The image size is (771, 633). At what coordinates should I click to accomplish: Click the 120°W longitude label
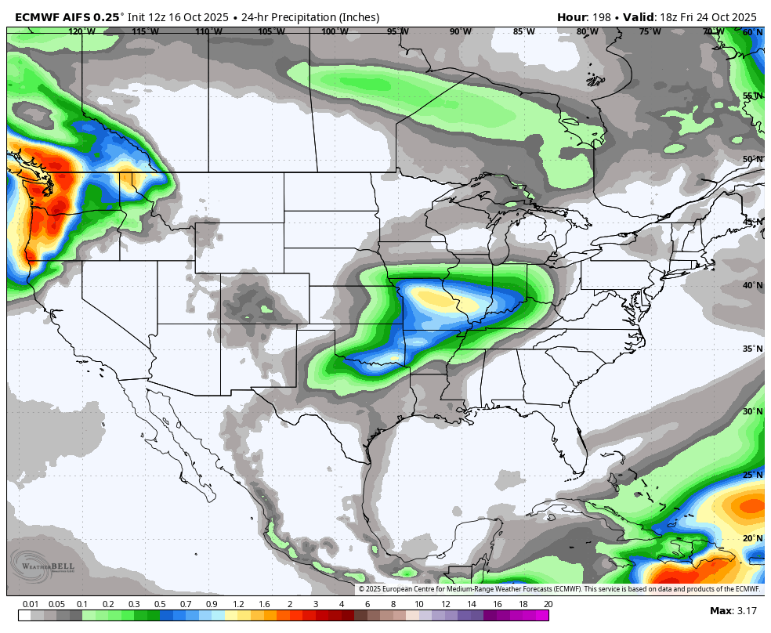(x=81, y=31)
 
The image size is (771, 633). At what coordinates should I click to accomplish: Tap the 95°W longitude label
(x=397, y=31)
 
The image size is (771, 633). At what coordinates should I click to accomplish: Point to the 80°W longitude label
(x=587, y=31)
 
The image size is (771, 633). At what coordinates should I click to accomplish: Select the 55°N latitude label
(x=752, y=96)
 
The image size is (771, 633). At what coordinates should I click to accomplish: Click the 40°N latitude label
(x=752, y=285)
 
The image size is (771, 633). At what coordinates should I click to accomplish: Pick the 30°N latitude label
(x=752, y=411)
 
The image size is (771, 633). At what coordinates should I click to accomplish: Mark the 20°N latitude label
(x=752, y=538)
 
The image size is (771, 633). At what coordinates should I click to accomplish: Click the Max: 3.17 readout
(x=733, y=610)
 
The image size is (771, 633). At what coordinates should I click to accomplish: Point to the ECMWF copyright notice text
(x=559, y=589)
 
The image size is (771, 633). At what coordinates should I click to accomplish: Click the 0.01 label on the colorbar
(x=31, y=604)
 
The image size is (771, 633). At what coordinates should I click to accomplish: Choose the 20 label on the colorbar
(x=548, y=604)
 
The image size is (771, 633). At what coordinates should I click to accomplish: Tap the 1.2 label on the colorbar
(x=237, y=604)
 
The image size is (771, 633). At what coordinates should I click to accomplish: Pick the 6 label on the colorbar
(x=367, y=604)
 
